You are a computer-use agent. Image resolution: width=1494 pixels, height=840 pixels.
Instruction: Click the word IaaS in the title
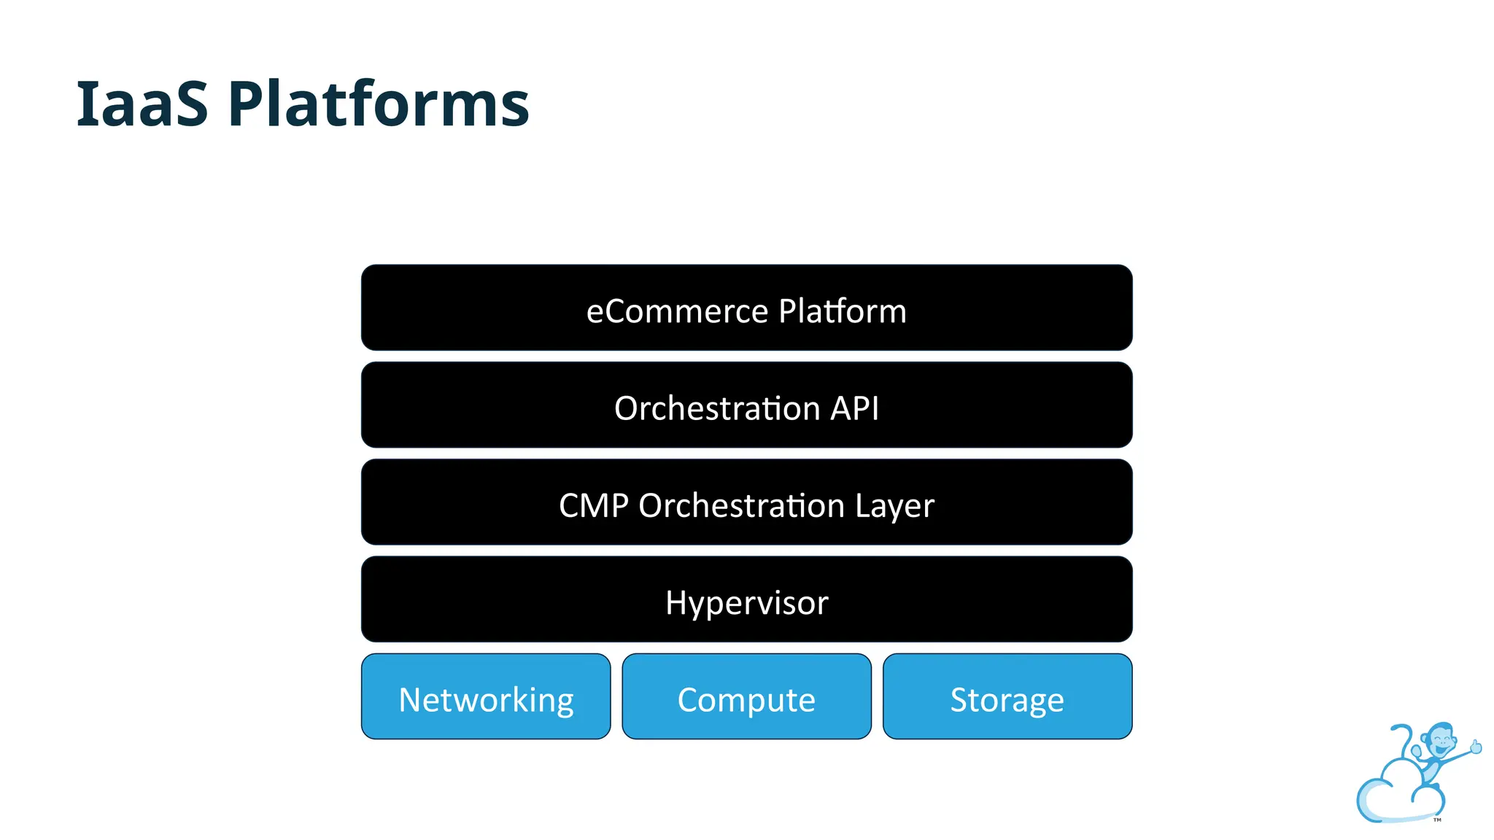(142, 104)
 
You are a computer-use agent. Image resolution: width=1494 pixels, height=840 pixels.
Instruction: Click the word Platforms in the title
(378, 104)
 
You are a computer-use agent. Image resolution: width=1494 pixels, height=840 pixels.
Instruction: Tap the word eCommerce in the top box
(676, 311)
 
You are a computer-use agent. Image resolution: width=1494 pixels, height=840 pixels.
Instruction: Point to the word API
(854, 408)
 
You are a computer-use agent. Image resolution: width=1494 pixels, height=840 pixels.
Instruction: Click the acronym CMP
(593, 506)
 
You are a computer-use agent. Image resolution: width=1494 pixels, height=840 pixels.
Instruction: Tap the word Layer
(894, 506)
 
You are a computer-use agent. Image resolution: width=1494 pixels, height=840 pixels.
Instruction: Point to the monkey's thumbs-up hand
(1476, 747)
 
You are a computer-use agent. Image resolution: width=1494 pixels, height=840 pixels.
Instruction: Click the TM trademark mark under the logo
(1437, 820)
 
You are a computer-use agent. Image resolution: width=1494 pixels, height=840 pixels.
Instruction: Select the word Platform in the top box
(842, 311)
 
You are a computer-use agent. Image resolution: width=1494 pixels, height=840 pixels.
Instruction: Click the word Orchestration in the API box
(717, 408)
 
